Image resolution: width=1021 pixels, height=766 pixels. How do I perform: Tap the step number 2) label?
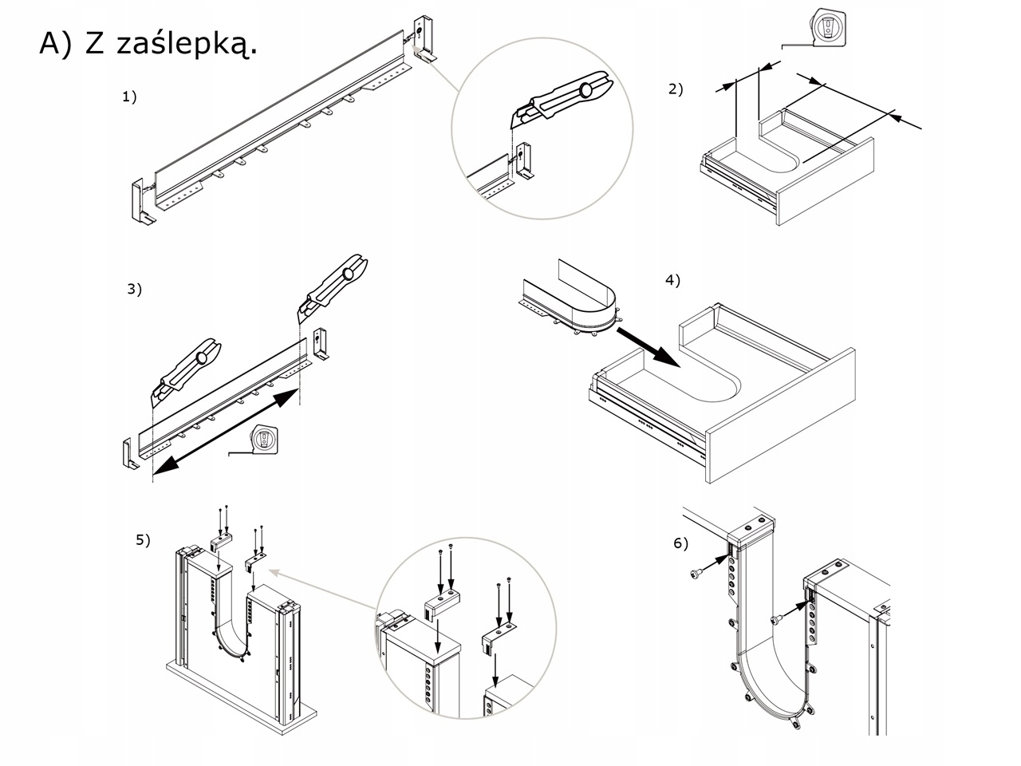(x=676, y=89)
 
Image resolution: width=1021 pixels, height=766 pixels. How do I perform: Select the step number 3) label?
(x=134, y=289)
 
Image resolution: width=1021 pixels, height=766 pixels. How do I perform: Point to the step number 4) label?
(x=673, y=280)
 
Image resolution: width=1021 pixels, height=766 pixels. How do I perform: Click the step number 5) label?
(x=142, y=540)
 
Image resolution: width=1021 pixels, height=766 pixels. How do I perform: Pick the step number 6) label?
(x=680, y=543)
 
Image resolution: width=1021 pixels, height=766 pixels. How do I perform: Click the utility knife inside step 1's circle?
(x=561, y=99)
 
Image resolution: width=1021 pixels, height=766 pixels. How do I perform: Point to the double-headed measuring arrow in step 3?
(x=226, y=431)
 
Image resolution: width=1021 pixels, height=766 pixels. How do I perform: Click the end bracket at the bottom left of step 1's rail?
(x=139, y=204)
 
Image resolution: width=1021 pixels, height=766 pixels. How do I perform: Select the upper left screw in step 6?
(x=700, y=572)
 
